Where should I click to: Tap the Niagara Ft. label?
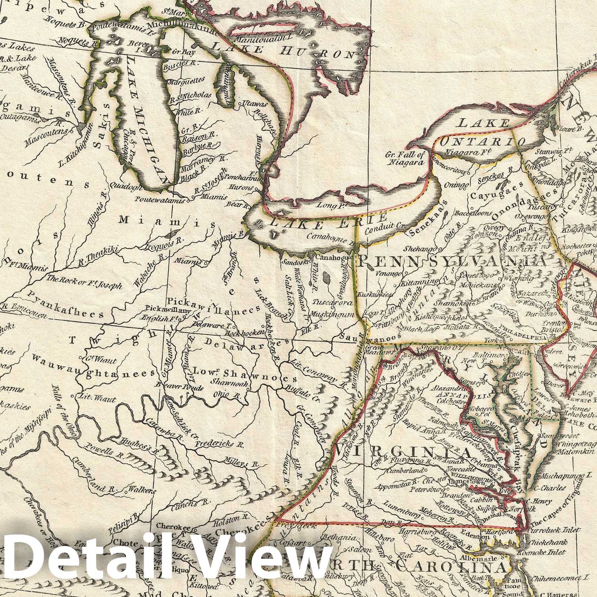point(462,152)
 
